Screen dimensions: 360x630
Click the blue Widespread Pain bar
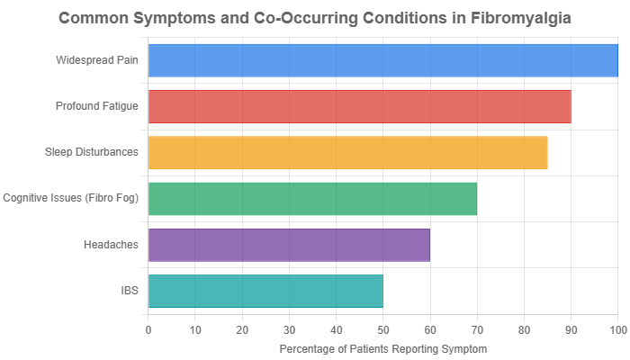click(x=382, y=60)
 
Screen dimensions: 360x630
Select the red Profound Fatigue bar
click(x=359, y=106)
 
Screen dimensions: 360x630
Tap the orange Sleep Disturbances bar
click(x=347, y=152)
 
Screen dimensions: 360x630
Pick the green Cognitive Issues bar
click(x=312, y=198)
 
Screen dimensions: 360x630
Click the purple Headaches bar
click(x=289, y=244)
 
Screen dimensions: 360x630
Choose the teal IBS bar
click(x=265, y=291)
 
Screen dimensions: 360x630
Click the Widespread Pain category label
click(x=96, y=60)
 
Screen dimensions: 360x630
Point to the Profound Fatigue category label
click(x=96, y=106)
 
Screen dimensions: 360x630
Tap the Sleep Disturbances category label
click(x=92, y=152)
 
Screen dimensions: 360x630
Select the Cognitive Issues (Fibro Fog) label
click(x=71, y=198)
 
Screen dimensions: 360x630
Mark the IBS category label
click(x=130, y=291)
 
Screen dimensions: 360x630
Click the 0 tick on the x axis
click(x=148, y=330)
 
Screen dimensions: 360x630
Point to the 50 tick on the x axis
click(x=383, y=330)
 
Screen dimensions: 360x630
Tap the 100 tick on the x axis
click(x=617, y=330)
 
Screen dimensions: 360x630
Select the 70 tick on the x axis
click(x=477, y=330)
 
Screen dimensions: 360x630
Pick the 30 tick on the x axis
click(x=289, y=330)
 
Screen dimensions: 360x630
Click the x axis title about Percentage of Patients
click(x=382, y=348)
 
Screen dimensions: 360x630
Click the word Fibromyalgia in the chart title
click(x=519, y=17)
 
